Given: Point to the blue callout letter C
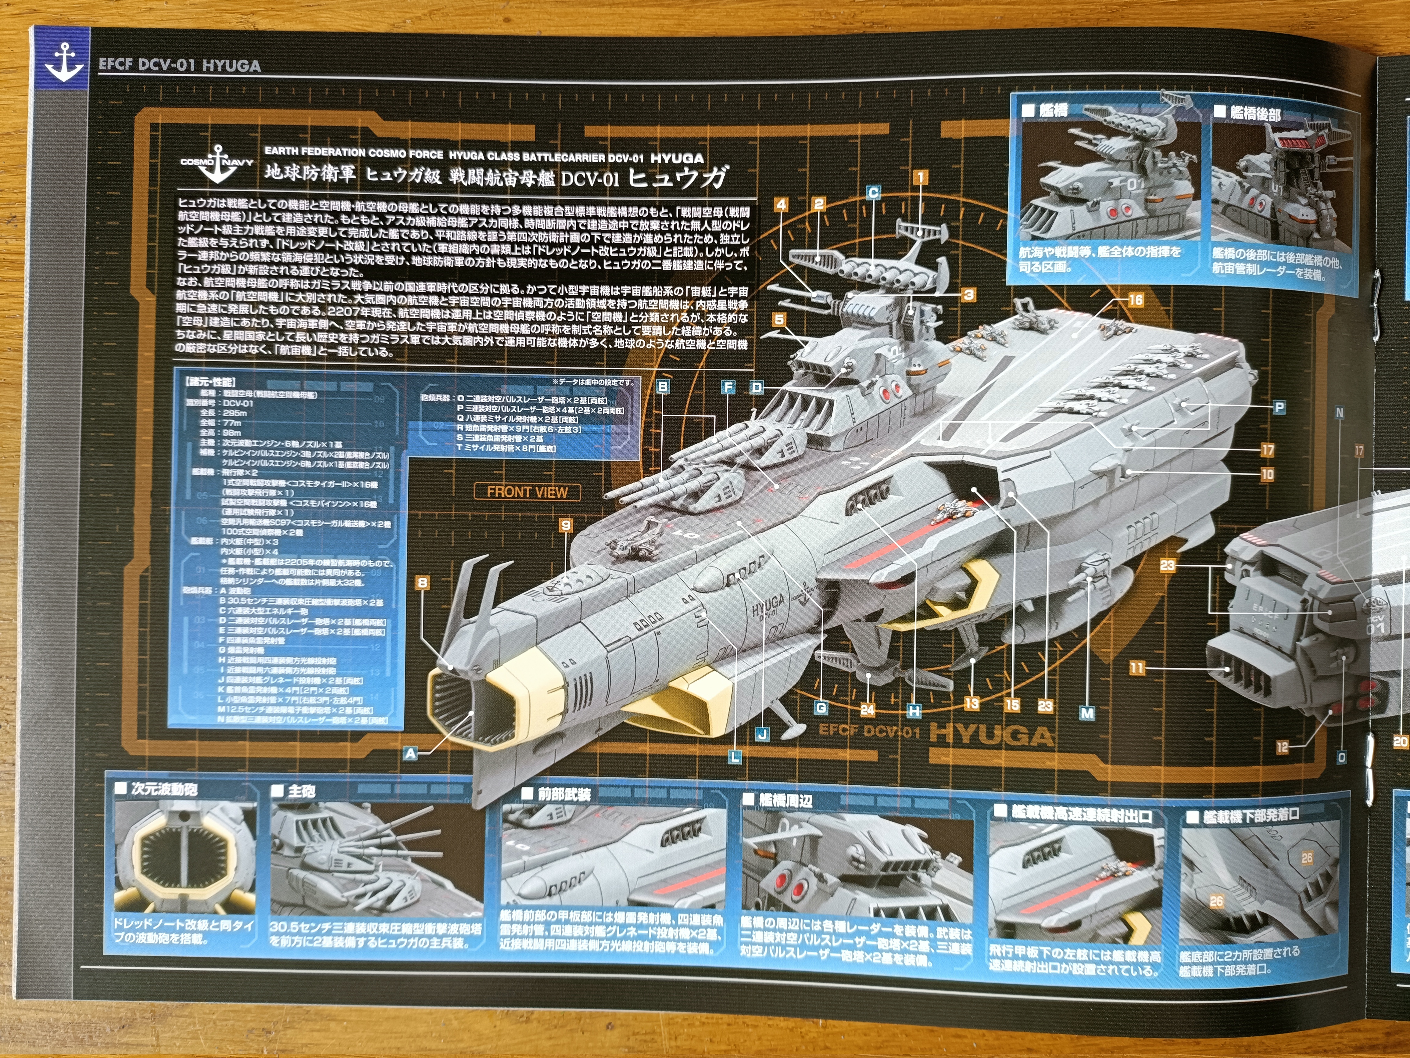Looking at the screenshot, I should click(x=873, y=193).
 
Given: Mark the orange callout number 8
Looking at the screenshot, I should click(x=422, y=582).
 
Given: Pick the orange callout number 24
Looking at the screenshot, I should click(x=868, y=709).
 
